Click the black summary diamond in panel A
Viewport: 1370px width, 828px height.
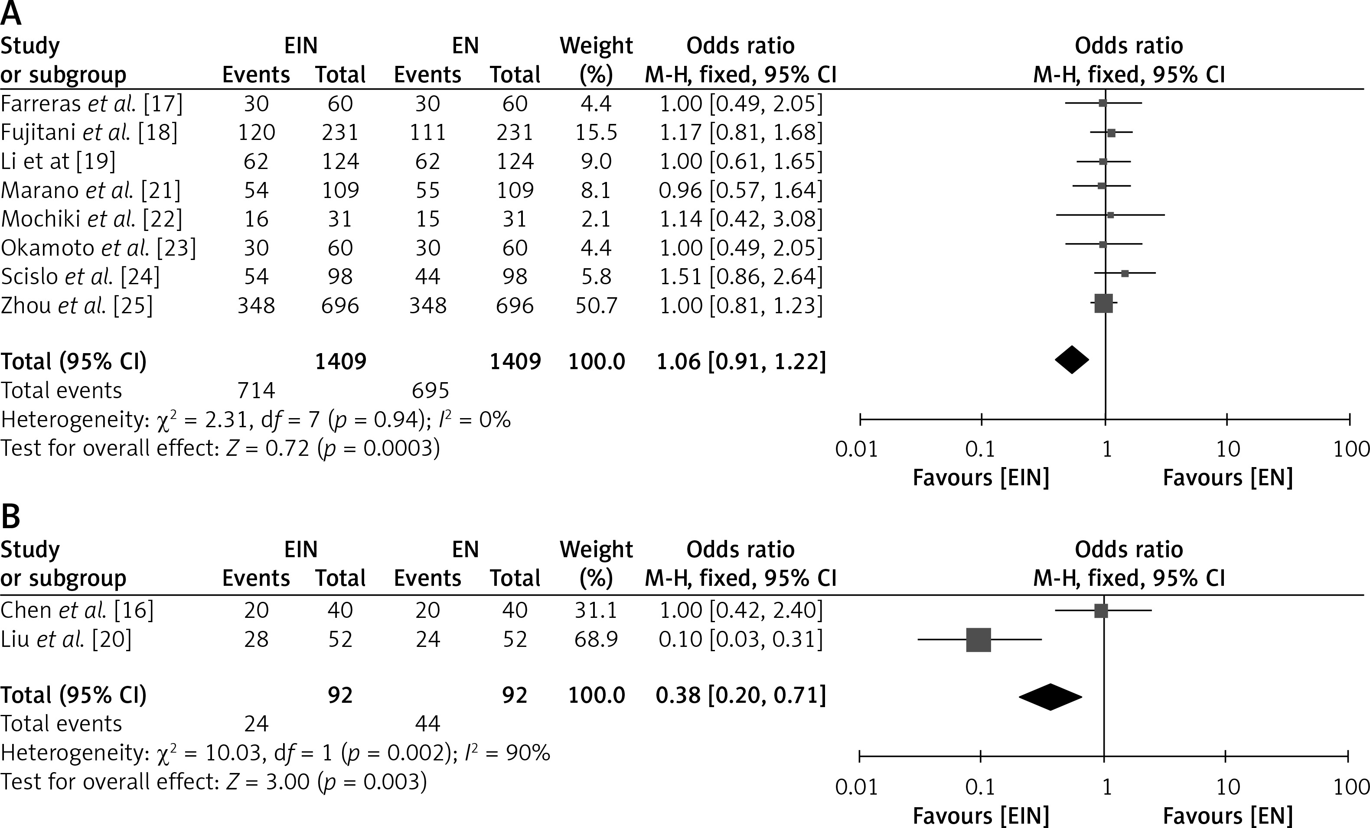tap(1072, 360)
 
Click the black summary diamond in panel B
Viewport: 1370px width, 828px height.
tap(1050, 696)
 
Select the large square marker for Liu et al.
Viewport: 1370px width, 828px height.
tap(979, 640)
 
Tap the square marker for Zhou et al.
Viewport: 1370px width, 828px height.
tap(1103, 303)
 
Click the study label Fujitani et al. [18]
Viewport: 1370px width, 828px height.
tap(89, 132)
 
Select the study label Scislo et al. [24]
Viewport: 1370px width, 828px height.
tap(80, 276)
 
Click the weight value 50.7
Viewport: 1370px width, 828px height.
tap(596, 305)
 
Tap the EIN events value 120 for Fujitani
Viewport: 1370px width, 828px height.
tap(256, 132)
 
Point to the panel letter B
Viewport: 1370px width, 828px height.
tap(11, 517)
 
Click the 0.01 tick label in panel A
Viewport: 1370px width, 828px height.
tap(856, 449)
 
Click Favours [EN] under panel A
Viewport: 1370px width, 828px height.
tap(1228, 478)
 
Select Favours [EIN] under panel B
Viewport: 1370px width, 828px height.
tap(981, 816)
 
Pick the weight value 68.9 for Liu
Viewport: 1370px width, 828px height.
tap(596, 639)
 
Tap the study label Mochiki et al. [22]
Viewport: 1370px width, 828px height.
tap(92, 219)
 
